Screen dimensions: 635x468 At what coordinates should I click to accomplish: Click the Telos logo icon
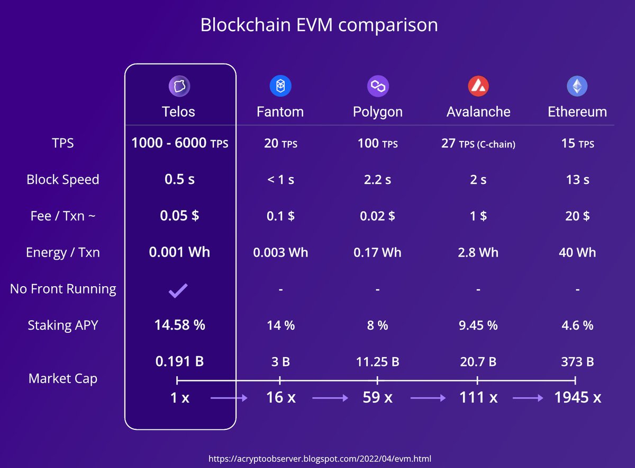(x=179, y=86)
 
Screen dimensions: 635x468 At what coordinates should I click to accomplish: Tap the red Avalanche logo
(x=478, y=86)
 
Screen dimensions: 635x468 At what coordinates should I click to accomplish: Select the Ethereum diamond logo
(x=577, y=86)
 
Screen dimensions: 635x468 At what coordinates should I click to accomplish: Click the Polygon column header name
(x=378, y=112)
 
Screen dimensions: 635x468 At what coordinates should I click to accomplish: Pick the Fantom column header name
(x=280, y=112)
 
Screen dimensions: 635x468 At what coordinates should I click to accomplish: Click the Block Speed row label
(x=63, y=180)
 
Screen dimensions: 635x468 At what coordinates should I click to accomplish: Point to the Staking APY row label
(x=63, y=325)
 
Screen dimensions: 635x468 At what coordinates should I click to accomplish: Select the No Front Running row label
(x=63, y=289)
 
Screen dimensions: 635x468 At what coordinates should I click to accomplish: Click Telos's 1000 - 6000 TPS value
(x=180, y=143)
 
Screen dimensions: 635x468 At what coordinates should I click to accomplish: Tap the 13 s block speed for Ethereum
(x=577, y=180)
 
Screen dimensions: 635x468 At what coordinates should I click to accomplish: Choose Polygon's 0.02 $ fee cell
(x=377, y=216)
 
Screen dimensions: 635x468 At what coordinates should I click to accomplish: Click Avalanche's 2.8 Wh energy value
(x=478, y=252)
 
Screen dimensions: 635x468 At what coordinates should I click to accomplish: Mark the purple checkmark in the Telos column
(x=178, y=290)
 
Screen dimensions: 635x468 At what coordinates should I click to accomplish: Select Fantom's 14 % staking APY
(x=280, y=325)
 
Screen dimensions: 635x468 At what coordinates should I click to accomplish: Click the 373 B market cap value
(x=577, y=362)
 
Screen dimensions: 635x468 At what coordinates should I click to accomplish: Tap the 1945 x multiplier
(x=577, y=398)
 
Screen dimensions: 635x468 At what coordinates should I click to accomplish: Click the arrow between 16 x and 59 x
(x=330, y=398)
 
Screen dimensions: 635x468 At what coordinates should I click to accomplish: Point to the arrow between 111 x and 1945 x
(x=528, y=398)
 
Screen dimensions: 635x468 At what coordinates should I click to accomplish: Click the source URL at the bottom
(x=320, y=458)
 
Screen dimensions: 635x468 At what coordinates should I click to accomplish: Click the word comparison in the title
(x=388, y=25)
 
